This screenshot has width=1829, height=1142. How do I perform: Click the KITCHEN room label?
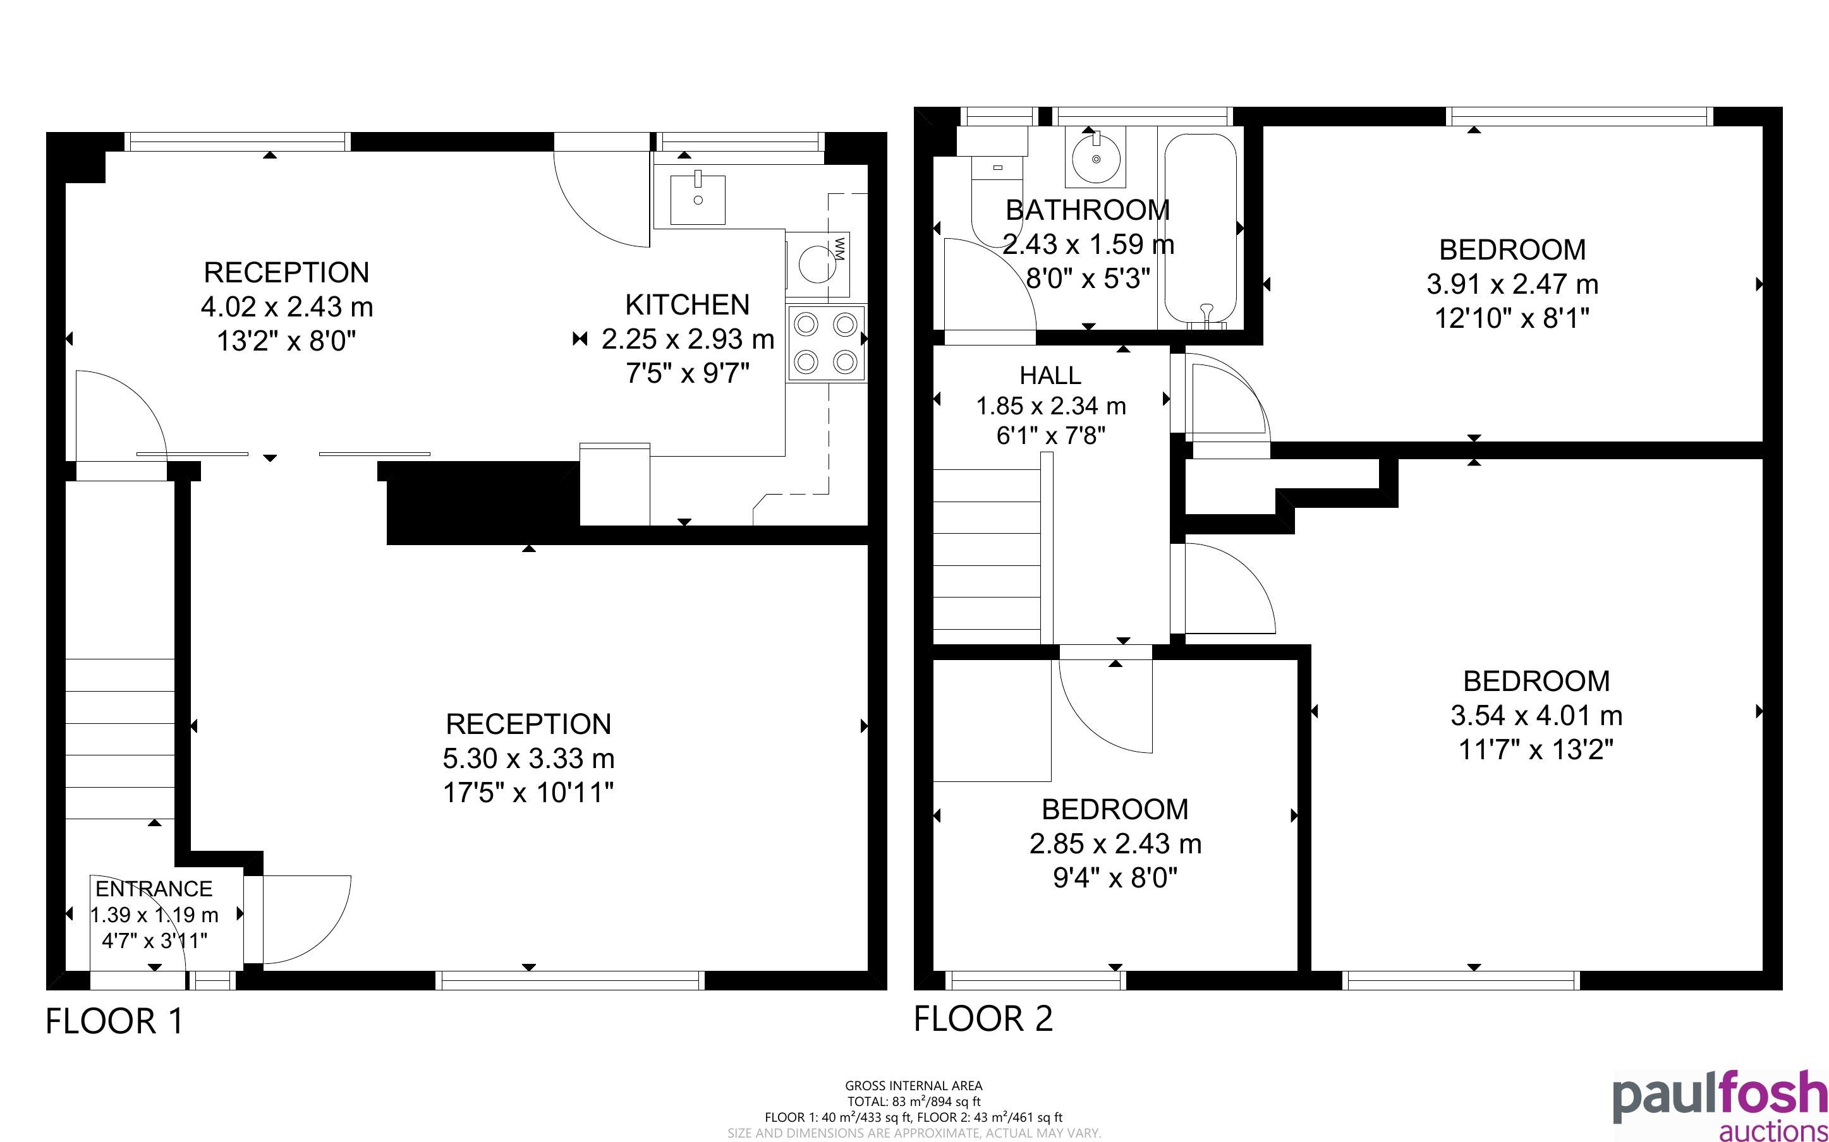(x=688, y=305)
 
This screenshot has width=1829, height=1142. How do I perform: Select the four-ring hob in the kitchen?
(x=826, y=344)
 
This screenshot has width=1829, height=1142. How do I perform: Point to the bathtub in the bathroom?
(x=1200, y=231)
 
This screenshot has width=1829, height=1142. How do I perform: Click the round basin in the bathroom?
(x=1095, y=157)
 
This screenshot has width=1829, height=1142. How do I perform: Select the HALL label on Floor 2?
(x=1050, y=375)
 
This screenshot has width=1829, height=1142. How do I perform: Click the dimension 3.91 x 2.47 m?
(x=1512, y=285)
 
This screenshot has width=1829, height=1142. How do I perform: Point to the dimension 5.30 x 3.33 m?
(x=529, y=759)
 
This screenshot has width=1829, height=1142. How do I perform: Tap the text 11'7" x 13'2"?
(x=1536, y=750)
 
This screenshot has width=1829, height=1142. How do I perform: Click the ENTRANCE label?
(x=154, y=889)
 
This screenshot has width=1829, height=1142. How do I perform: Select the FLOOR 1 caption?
(x=115, y=1021)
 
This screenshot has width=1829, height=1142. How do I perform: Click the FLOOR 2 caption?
(x=983, y=1019)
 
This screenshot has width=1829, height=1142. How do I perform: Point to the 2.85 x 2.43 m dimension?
(x=1115, y=844)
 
